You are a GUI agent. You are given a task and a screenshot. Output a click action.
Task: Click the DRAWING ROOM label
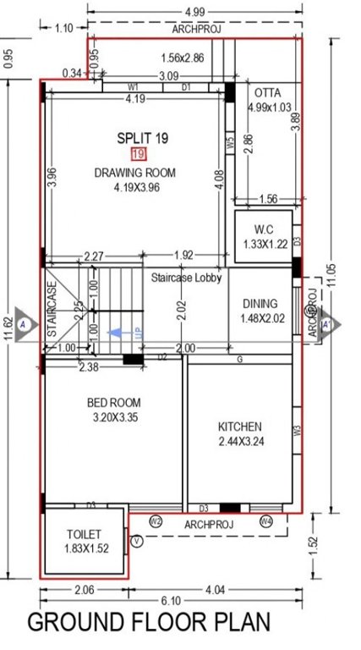[135, 173]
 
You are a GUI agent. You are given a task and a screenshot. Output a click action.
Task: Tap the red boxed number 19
[139, 154]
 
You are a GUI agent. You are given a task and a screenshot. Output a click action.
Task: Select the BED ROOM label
[113, 403]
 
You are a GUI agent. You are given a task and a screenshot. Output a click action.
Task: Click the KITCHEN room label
[240, 427]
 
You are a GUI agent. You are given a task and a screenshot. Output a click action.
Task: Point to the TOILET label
[84, 535]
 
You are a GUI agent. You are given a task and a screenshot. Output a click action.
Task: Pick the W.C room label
[262, 229]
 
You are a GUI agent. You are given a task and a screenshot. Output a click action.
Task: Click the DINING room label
[260, 304]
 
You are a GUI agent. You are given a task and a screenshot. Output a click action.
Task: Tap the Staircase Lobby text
[186, 278]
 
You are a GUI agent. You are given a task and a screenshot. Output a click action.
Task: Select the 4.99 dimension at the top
[193, 11]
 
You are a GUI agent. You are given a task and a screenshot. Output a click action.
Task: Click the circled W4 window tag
[268, 521]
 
